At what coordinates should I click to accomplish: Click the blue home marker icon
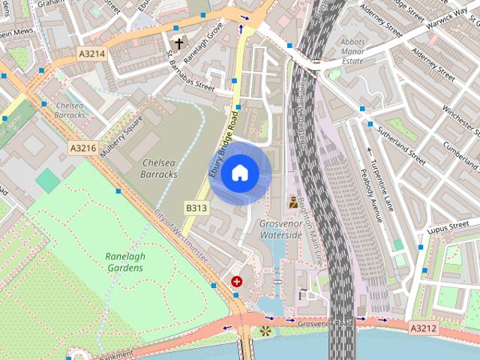(x=239, y=173)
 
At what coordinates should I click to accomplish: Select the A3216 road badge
(x=83, y=148)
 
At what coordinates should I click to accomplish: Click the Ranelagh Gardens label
(x=124, y=261)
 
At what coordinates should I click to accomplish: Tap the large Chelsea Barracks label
(x=159, y=168)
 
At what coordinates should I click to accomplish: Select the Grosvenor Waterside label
(x=280, y=229)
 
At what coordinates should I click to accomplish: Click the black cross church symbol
(x=178, y=43)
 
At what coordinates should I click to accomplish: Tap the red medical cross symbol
(x=238, y=282)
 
